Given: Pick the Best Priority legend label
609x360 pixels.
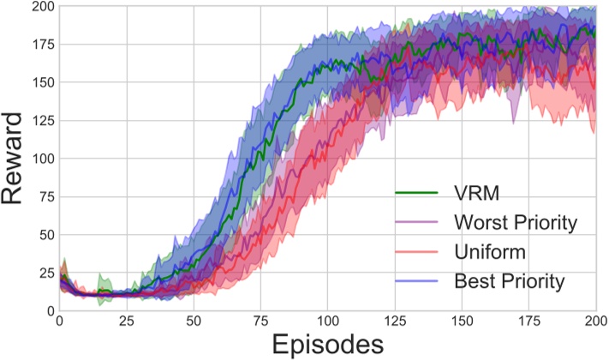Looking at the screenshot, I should (x=510, y=281).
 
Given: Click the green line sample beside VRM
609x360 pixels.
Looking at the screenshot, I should (x=418, y=193).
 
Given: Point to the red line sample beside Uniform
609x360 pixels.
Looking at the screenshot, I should (x=418, y=252).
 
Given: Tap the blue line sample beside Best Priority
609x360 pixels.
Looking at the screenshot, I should (x=418, y=281).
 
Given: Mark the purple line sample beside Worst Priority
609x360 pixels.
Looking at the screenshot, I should (x=418, y=223).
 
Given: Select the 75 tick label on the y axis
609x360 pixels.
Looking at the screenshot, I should (x=42, y=197).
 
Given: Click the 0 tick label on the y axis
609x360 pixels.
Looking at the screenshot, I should (x=47, y=310).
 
